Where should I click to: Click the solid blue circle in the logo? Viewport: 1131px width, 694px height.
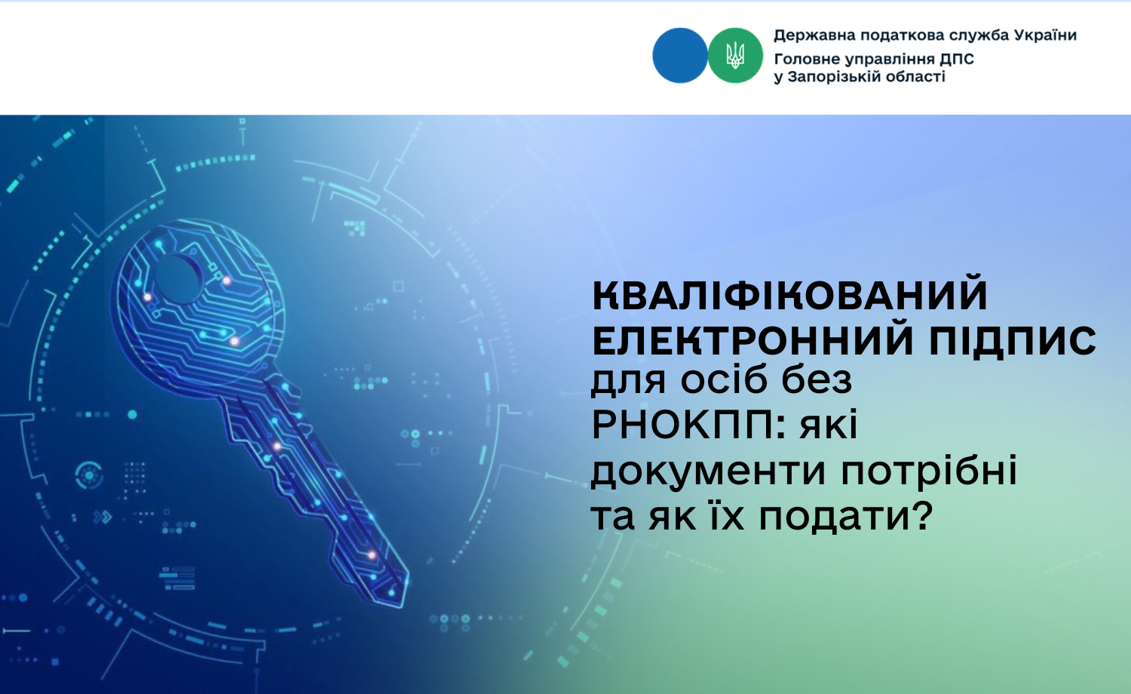tap(679, 56)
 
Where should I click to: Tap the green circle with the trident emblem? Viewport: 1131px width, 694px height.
tap(735, 56)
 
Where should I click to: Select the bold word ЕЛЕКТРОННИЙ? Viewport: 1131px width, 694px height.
tap(753, 341)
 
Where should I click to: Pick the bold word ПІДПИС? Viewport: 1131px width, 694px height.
tap(1013, 341)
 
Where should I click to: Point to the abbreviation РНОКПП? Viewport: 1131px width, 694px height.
tap(682, 425)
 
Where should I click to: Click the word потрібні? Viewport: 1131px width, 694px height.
tap(929, 470)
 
